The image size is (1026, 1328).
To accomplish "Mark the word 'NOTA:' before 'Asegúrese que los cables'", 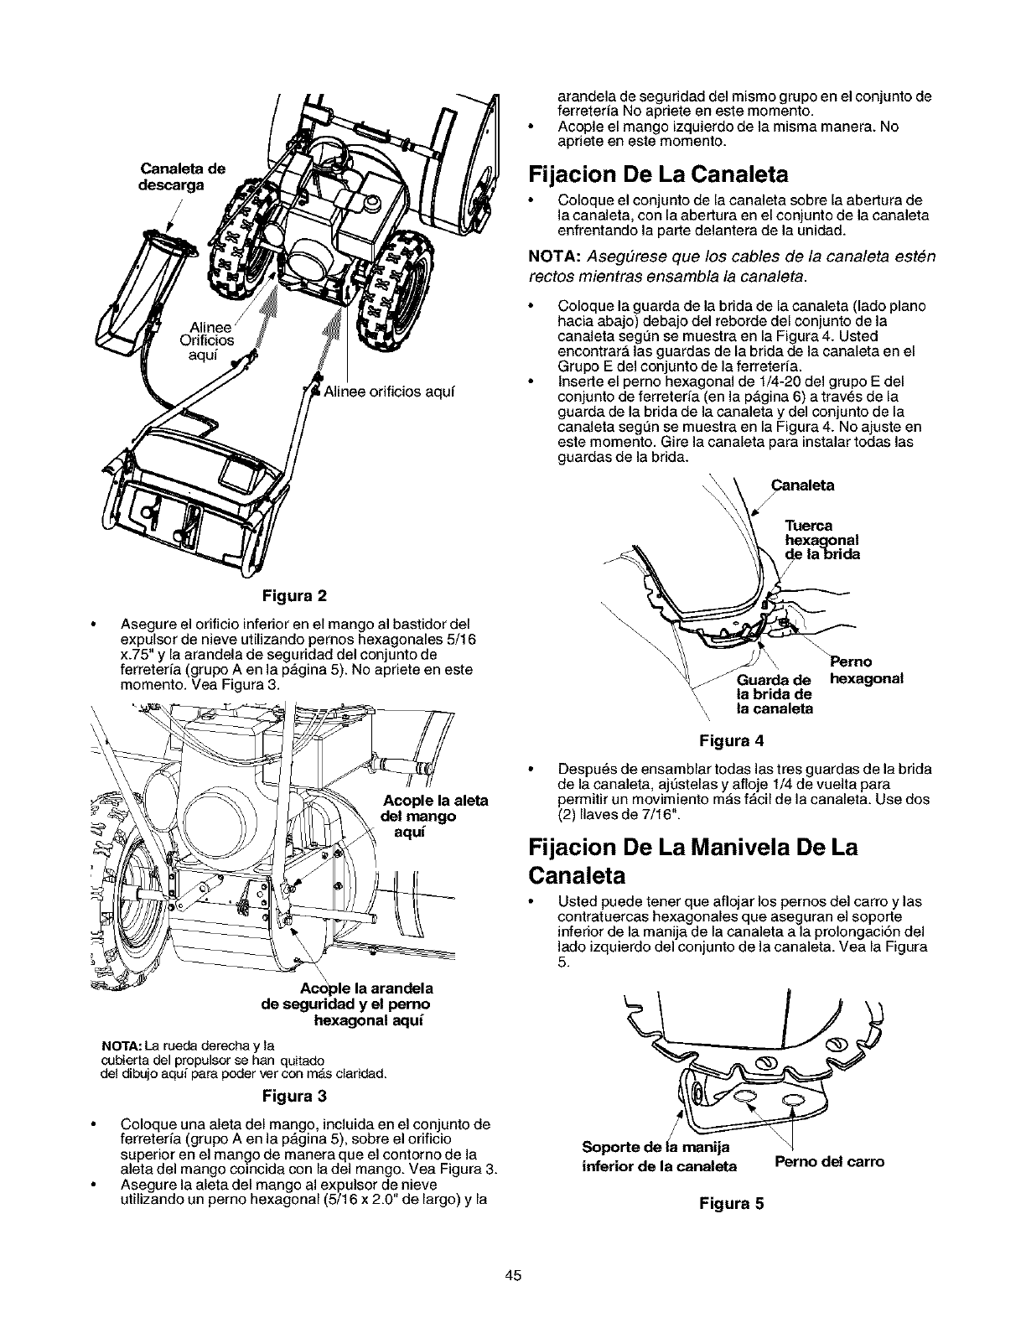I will pyautogui.click(x=552, y=255).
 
